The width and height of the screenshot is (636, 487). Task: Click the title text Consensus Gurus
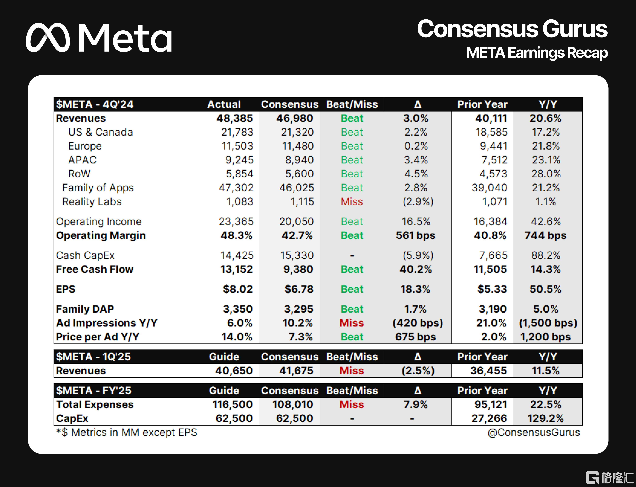click(x=512, y=29)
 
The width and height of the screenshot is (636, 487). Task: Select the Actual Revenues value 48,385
click(x=235, y=118)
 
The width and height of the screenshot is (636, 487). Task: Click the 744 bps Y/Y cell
click(x=545, y=235)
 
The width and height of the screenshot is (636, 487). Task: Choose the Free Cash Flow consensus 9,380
click(x=298, y=269)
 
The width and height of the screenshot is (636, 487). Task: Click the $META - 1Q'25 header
click(x=93, y=357)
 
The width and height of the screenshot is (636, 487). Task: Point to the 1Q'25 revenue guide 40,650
click(x=234, y=371)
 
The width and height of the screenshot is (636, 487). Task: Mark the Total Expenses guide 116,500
click(x=233, y=405)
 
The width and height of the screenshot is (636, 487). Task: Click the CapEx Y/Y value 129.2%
click(x=545, y=419)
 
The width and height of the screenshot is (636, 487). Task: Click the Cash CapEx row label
click(x=85, y=255)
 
